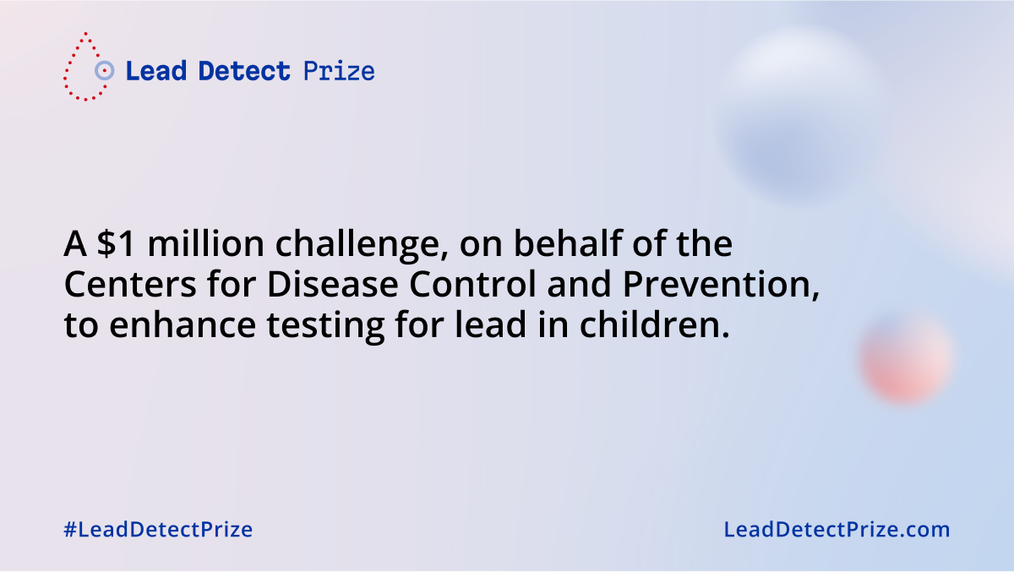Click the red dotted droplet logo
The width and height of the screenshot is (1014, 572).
(x=83, y=68)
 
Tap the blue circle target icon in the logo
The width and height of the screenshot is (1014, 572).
(x=104, y=71)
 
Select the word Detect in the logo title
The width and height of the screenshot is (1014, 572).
(x=244, y=71)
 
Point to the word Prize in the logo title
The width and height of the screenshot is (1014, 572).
(x=338, y=71)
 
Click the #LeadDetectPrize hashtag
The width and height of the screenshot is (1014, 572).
(x=158, y=531)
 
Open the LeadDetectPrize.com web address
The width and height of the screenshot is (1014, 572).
(x=837, y=531)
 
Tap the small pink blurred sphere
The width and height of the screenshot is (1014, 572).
(x=906, y=357)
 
